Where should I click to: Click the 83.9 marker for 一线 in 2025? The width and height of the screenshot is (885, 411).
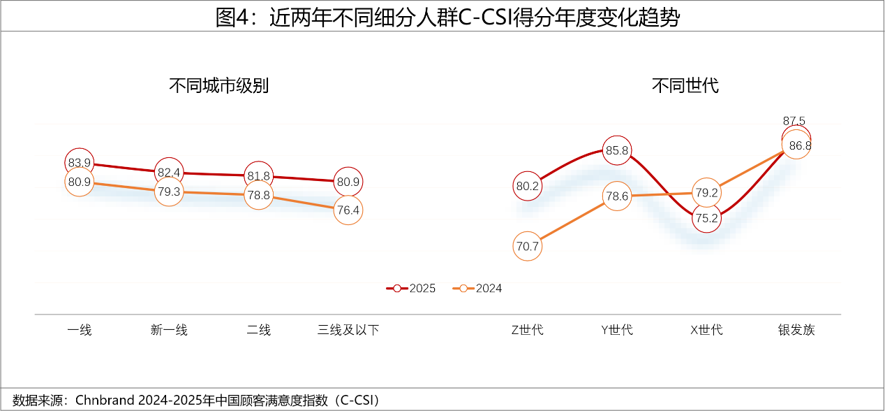(80, 163)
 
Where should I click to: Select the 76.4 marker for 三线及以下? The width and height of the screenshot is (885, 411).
(348, 210)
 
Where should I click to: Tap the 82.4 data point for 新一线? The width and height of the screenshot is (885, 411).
(169, 172)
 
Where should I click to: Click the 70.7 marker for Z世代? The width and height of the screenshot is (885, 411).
(528, 246)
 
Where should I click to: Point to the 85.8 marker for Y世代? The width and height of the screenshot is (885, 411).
(617, 150)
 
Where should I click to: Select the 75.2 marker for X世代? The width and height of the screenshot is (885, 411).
(706, 217)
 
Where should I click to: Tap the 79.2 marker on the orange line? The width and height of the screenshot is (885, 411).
(706, 192)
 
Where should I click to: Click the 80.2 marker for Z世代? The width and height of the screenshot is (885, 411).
(528, 186)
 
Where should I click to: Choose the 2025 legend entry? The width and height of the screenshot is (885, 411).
(412, 288)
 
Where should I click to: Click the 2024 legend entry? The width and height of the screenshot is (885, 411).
(477, 288)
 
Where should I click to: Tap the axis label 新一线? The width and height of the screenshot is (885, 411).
(169, 330)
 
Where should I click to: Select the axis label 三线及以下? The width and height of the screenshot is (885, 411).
(348, 330)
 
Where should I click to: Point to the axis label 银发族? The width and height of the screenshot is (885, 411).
(796, 330)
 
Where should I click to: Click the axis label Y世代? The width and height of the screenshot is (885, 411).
(617, 330)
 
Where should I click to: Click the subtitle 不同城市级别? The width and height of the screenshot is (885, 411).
(218, 86)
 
